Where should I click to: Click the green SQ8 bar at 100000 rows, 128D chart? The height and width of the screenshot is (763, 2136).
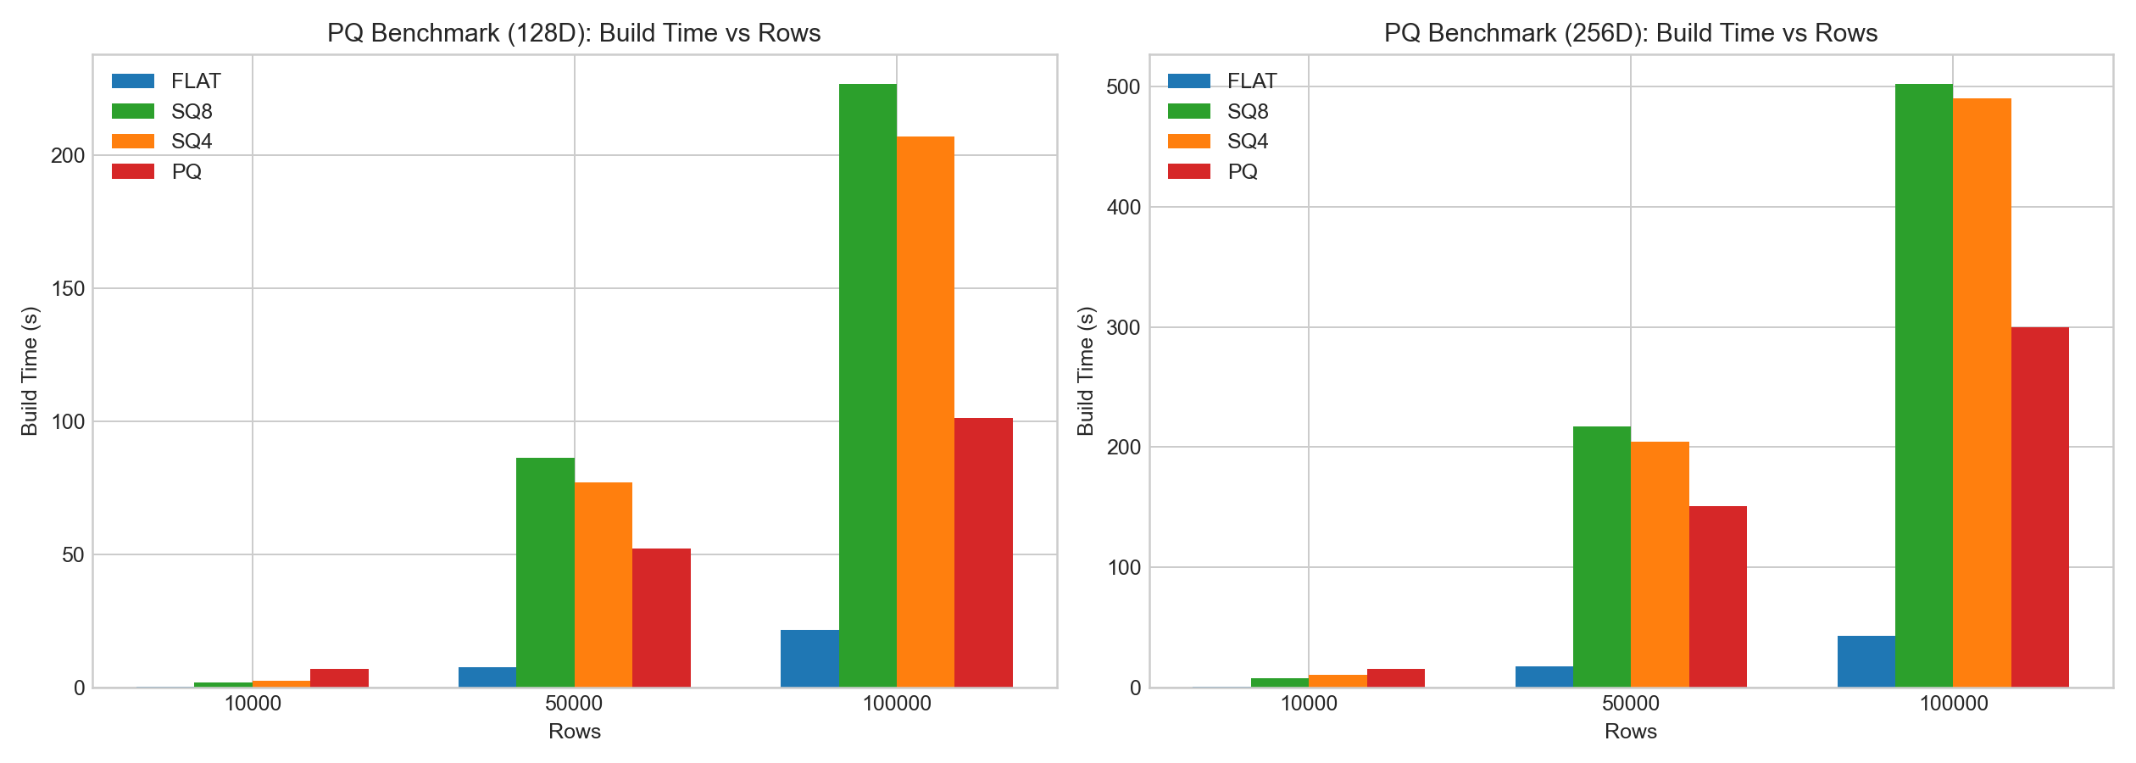point(867,386)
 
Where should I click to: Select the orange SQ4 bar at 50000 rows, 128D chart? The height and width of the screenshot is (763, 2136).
point(603,585)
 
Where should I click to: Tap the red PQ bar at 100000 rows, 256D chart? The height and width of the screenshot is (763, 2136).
point(2039,507)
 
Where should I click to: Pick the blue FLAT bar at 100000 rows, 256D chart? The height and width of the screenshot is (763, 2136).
point(1866,661)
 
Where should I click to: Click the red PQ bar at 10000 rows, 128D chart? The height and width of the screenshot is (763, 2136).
point(339,678)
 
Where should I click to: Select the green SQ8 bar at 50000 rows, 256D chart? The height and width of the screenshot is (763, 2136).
point(1601,557)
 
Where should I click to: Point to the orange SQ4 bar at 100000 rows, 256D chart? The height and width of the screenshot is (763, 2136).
point(1982,393)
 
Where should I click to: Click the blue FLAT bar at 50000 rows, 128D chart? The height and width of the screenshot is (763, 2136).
point(487,677)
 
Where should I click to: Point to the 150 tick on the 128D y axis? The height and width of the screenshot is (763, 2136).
point(68,288)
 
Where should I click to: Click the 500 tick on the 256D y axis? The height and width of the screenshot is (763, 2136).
point(1124,86)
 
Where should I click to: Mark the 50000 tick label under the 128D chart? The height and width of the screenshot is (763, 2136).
point(574,704)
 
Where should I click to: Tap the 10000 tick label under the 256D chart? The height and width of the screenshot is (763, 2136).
point(1308,704)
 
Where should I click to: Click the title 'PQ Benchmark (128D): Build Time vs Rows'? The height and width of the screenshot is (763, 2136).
point(574,32)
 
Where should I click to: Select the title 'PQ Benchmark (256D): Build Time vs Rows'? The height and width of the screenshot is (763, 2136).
point(1630,32)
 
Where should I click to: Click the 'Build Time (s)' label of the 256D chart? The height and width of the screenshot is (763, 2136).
point(1086,370)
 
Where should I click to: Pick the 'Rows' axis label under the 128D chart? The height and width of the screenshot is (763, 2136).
point(574,732)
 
